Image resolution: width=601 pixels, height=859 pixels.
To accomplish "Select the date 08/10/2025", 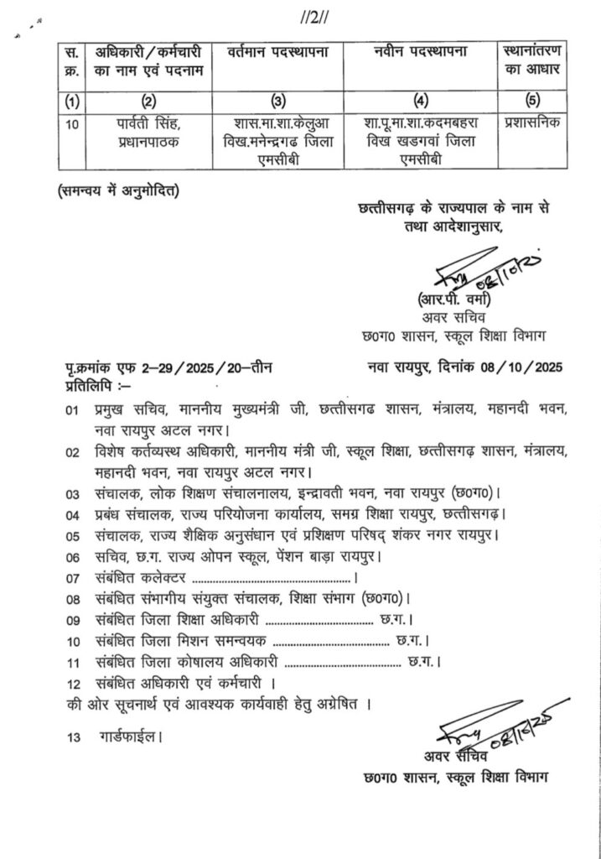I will point(524,367).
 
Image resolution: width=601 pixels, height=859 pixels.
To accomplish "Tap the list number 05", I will point(75,535).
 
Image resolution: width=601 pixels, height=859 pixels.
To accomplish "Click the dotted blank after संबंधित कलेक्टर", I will point(272,578).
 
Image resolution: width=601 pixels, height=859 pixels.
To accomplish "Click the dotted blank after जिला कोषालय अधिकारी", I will point(337,664).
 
